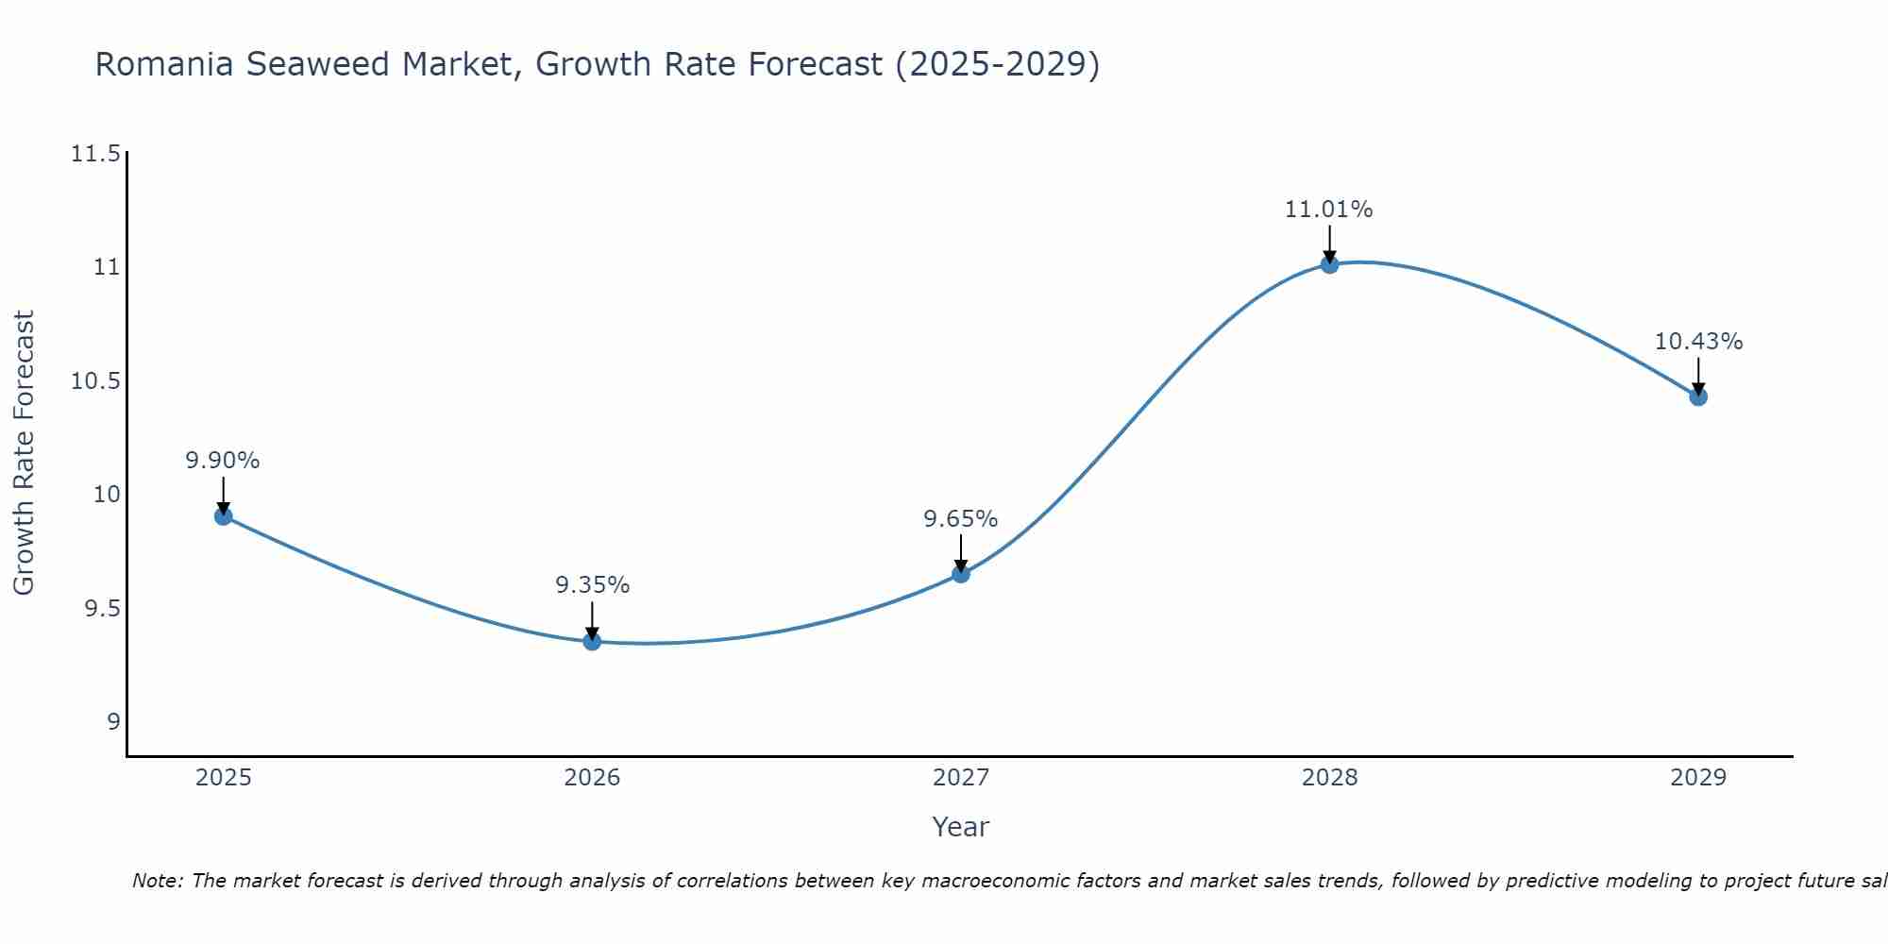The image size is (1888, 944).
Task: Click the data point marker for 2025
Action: pos(224,516)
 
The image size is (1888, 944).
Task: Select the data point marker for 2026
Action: pos(592,642)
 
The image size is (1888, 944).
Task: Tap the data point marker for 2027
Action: pos(961,574)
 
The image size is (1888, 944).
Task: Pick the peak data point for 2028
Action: pos(1329,264)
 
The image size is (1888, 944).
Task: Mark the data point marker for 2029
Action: pos(1698,397)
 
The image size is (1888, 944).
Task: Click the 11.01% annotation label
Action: pos(1328,210)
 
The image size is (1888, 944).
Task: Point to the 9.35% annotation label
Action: pos(592,585)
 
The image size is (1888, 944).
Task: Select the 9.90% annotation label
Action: pos(223,461)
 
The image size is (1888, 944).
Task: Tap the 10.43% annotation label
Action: pos(1698,342)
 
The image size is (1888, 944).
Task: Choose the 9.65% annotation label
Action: pos(960,519)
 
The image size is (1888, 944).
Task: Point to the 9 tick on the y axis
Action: pos(113,722)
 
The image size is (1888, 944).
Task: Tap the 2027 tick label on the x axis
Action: pos(961,778)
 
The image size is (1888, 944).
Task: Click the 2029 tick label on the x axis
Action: pos(1698,778)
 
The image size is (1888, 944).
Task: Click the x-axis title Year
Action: pos(960,827)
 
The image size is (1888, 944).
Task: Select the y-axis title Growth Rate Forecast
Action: pos(24,453)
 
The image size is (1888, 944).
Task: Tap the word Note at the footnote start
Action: pos(157,881)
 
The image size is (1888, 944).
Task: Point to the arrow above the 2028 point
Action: pos(1329,243)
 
